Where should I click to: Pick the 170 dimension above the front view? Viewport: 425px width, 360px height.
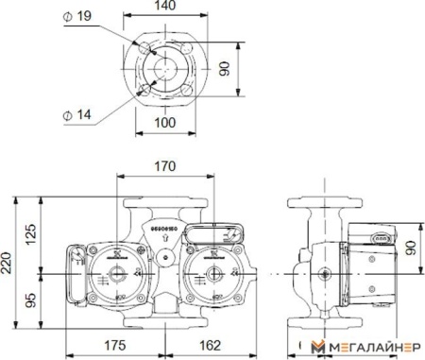(164, 167)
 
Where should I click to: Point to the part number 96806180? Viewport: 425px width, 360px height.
(162, 228)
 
